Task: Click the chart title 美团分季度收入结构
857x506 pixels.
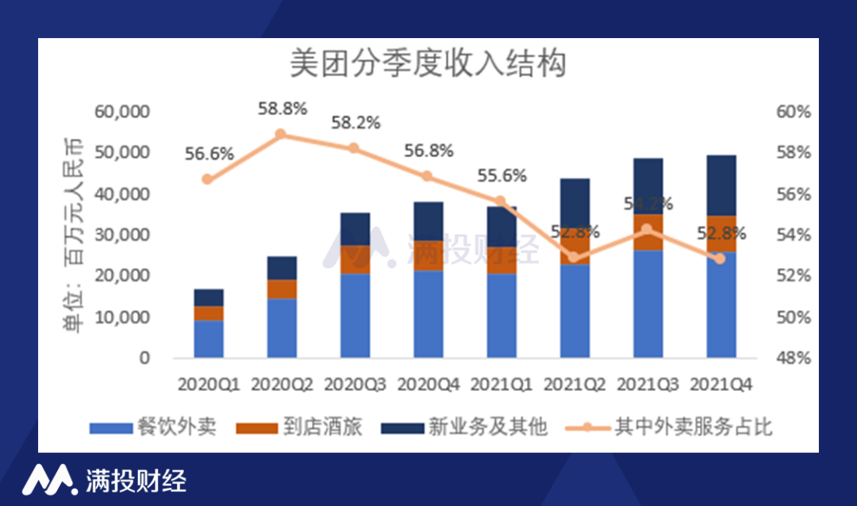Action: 428,64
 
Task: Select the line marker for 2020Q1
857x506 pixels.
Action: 208,179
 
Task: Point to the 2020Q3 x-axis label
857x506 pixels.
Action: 355,385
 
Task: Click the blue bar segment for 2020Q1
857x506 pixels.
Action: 208,339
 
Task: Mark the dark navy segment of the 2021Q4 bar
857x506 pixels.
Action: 721,185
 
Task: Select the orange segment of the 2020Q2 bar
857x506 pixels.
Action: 282,289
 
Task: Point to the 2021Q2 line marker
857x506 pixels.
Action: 574,257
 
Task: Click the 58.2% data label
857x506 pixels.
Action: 355,124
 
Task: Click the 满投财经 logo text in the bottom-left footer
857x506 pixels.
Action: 135,480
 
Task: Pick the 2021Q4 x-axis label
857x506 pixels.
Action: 721,385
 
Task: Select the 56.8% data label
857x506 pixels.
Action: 429,151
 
